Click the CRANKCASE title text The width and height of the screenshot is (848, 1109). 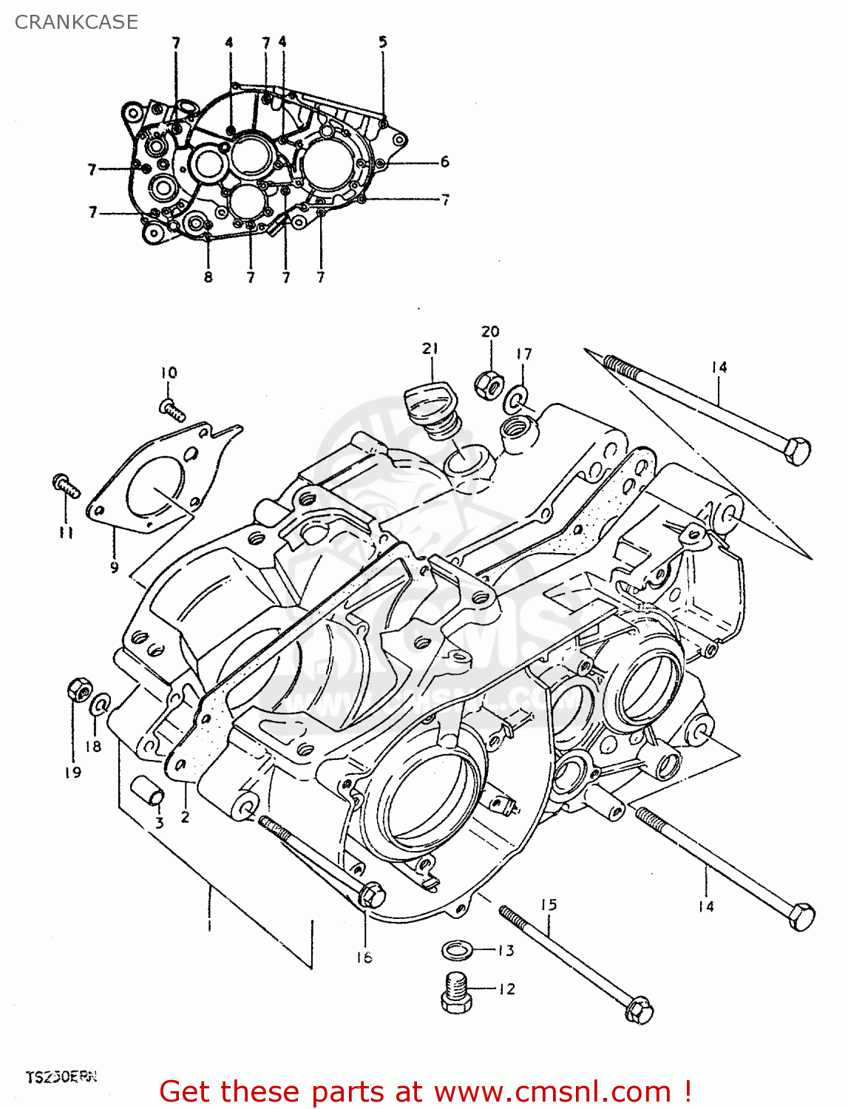pos(76,22)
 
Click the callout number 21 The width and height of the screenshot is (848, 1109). pos(430,348)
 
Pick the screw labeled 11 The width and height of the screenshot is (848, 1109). pos(65,485)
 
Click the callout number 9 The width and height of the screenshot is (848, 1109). pos(114,568)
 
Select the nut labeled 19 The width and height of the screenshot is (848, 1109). pos(78,691)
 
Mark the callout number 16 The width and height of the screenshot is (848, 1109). pos(364,957)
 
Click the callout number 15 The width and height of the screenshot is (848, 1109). pos(548,905)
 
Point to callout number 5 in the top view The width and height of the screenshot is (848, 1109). pos(383,42)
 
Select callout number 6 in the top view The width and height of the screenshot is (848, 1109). pos(444,161)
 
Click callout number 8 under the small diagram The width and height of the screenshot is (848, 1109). pos(208,277)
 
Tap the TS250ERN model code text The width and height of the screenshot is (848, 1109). pos(61,1076)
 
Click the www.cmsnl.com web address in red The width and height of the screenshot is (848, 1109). pos(552,1092)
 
